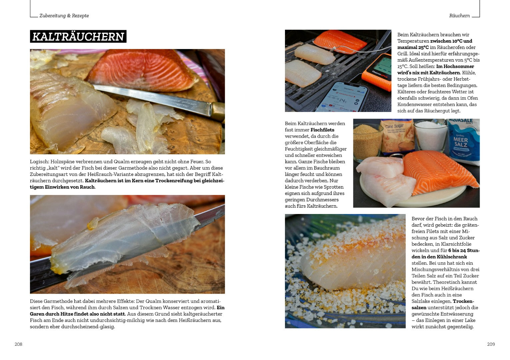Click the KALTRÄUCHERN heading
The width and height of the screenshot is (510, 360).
click(78, 36)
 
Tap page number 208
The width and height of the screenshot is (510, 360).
click(18, 344)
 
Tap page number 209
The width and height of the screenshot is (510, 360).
click(491, 344)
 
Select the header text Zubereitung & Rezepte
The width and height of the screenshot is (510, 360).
click(64, 16)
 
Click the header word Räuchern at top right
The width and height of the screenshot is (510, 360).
click(459, 15)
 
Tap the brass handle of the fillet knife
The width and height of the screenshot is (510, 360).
click(218, 111)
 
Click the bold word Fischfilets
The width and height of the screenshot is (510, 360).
click(322, 130)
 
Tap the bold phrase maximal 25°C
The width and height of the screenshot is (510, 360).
click(413, 47)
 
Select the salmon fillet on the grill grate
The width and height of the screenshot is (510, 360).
click(340, 41)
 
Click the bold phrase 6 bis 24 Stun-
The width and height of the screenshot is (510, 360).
click(464, 250)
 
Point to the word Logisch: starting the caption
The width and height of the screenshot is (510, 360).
click(39, 162)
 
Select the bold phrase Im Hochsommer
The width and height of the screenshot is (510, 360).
click(455, 66)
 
